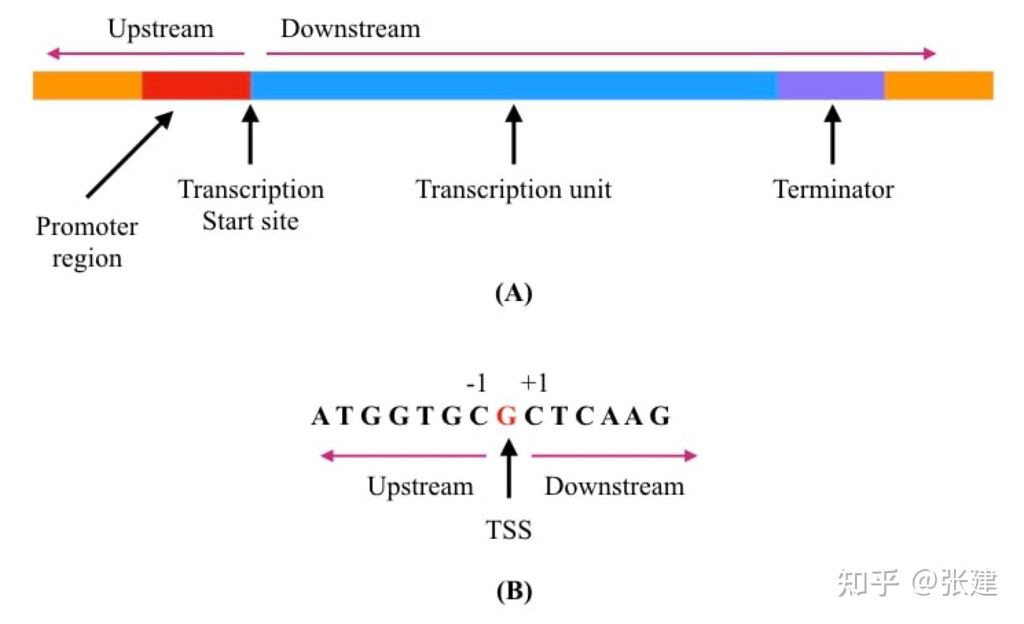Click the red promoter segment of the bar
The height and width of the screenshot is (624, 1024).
[x=196, y=85]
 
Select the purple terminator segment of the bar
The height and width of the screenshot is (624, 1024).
[x=830, y=85]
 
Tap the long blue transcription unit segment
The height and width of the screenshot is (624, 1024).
[x=513, y=85]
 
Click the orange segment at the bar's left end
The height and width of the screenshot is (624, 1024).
[x=87, y=85]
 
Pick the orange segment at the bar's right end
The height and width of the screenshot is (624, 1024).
[x=938, y=85]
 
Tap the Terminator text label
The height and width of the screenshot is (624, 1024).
[x=833, y=189]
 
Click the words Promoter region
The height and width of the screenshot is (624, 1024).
[x=87, y=242]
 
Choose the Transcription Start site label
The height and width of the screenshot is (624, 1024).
[x=251, y=205]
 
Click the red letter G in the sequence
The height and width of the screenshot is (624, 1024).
[x=507, y=416]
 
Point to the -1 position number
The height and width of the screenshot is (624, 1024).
[x=476, y=383]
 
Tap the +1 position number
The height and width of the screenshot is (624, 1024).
[x=534, y=383]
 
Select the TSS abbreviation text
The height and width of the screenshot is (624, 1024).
[x=509, y=530]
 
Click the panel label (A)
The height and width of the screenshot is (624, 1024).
[x=513, y=293]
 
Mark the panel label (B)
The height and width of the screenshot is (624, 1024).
[x=513, y=591]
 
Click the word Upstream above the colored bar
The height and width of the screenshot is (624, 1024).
[x=160, y=29]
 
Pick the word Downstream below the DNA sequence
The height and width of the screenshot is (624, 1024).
[x=614, y=487]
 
